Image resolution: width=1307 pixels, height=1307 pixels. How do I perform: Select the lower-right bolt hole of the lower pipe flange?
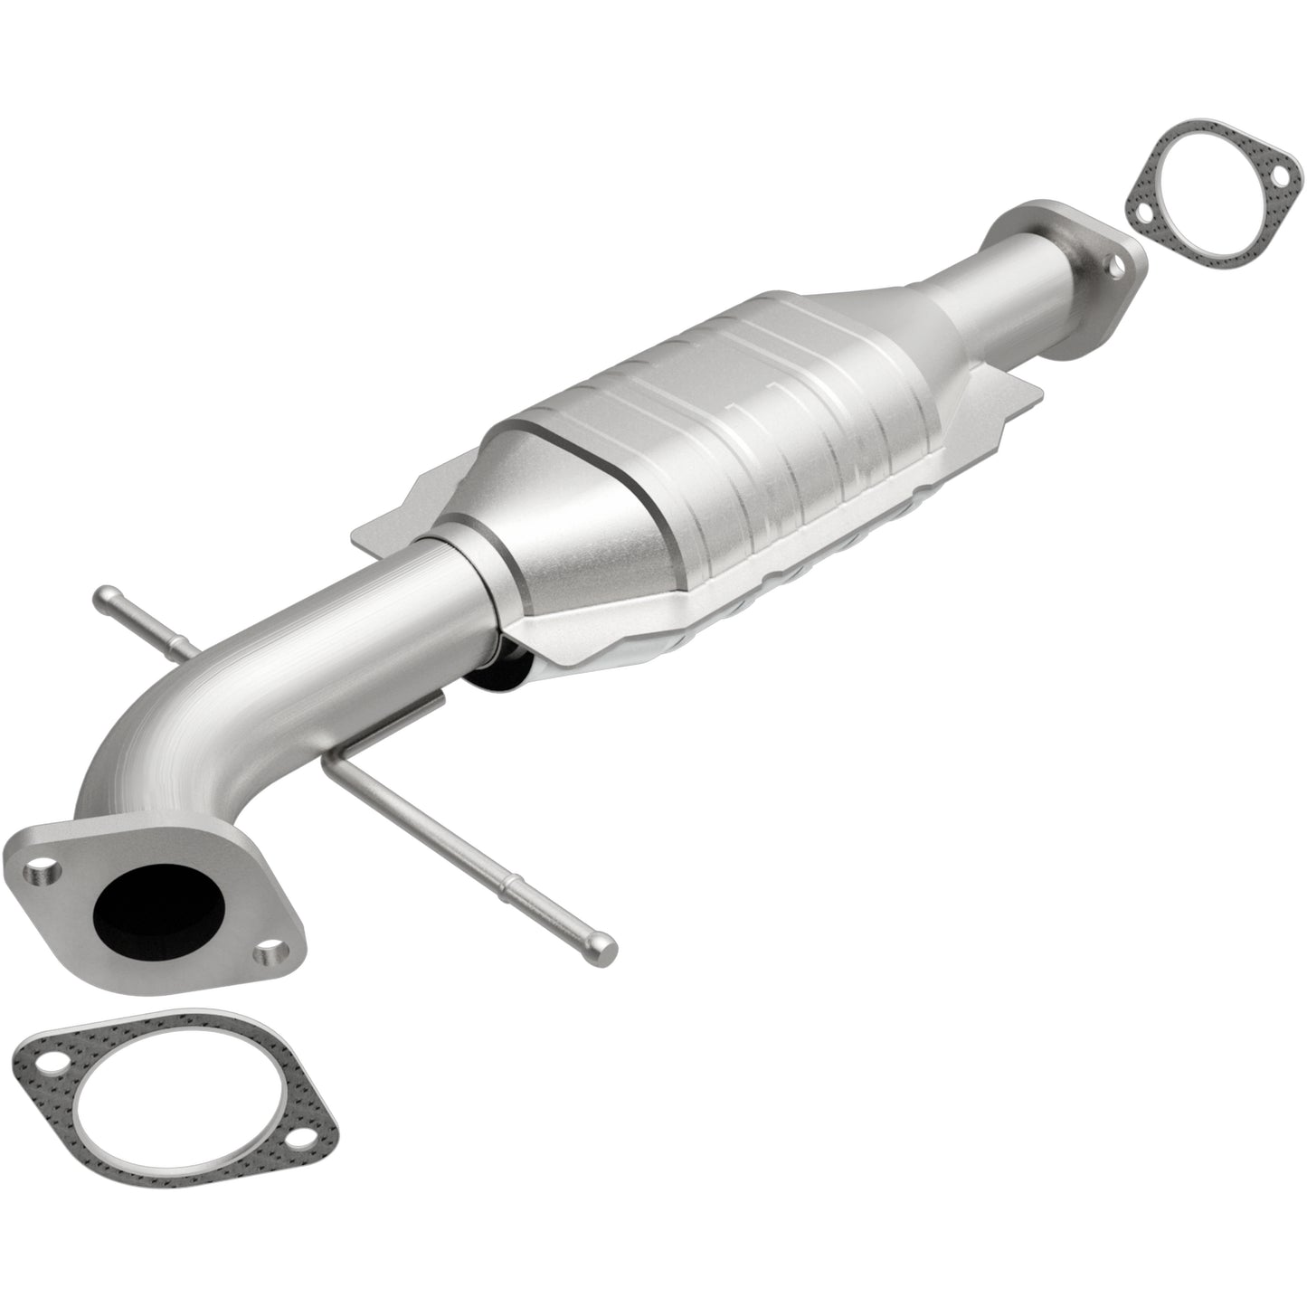(x=269, y=953)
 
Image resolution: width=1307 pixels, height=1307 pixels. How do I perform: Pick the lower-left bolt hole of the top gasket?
(x=1142, y=213)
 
